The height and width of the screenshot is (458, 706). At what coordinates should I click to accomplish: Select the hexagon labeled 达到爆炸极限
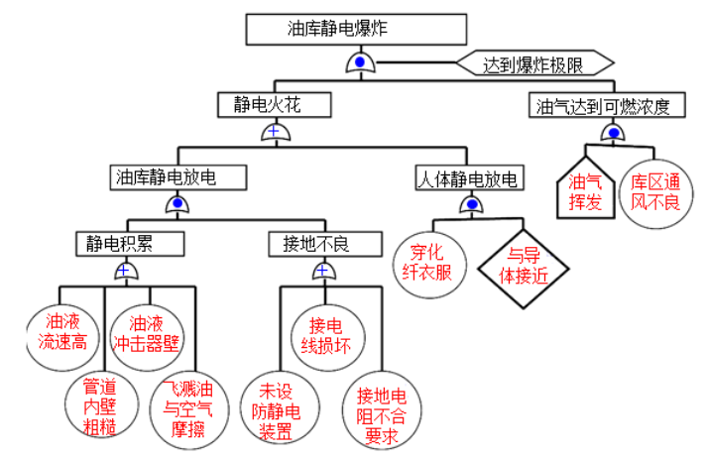point(532,66)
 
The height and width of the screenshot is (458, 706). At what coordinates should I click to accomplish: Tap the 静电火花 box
point(274,104)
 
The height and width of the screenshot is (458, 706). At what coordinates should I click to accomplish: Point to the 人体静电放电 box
point(469,179)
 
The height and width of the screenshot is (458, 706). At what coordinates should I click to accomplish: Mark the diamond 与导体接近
point(526,264)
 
